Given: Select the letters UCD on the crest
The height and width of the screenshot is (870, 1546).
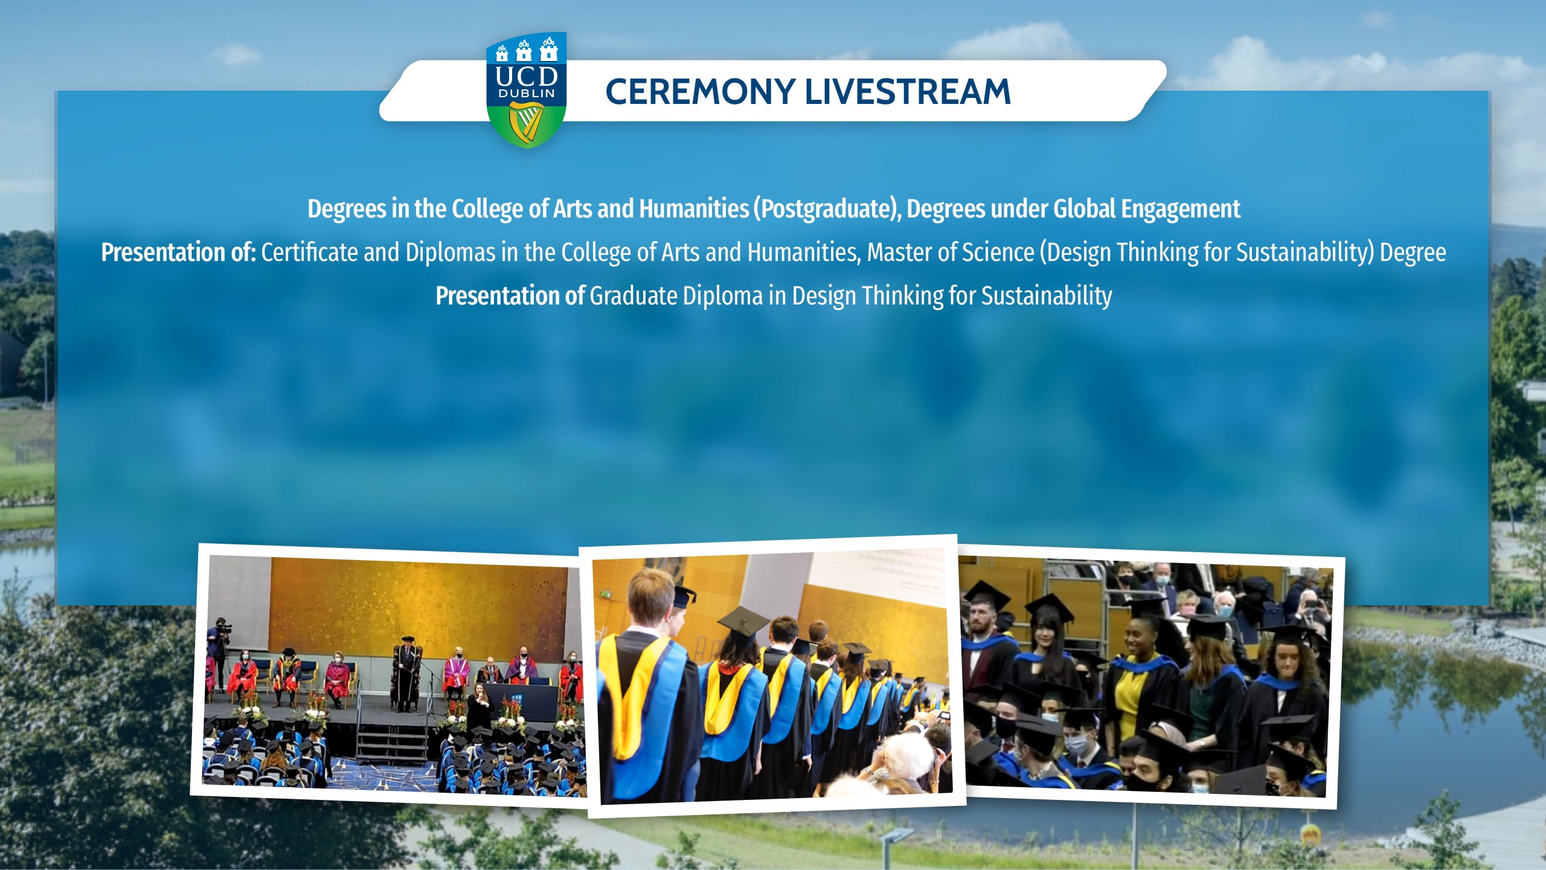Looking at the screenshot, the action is pyautogui.click(x=526, y=76).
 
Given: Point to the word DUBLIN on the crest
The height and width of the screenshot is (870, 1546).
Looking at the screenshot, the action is pyautogui.click(x=526, y=94).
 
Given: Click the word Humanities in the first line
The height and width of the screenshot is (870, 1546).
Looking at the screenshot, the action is pyautogui.click(x=694, y=208).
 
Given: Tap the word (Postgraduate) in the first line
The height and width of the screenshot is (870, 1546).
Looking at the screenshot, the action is pyautogui.click(x=827, y=209).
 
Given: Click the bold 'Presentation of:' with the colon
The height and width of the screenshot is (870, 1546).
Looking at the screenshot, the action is pyautogui.click(x=179, y=253).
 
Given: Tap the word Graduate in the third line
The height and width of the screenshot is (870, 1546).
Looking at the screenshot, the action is pyautogui.click(x=633, y=296).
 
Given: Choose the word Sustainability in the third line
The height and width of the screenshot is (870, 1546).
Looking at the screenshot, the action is pyautogui.click(x=1046, y=297).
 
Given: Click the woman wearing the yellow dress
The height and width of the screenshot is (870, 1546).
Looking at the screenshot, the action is pyautogui.click(x=1134, y=671).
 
